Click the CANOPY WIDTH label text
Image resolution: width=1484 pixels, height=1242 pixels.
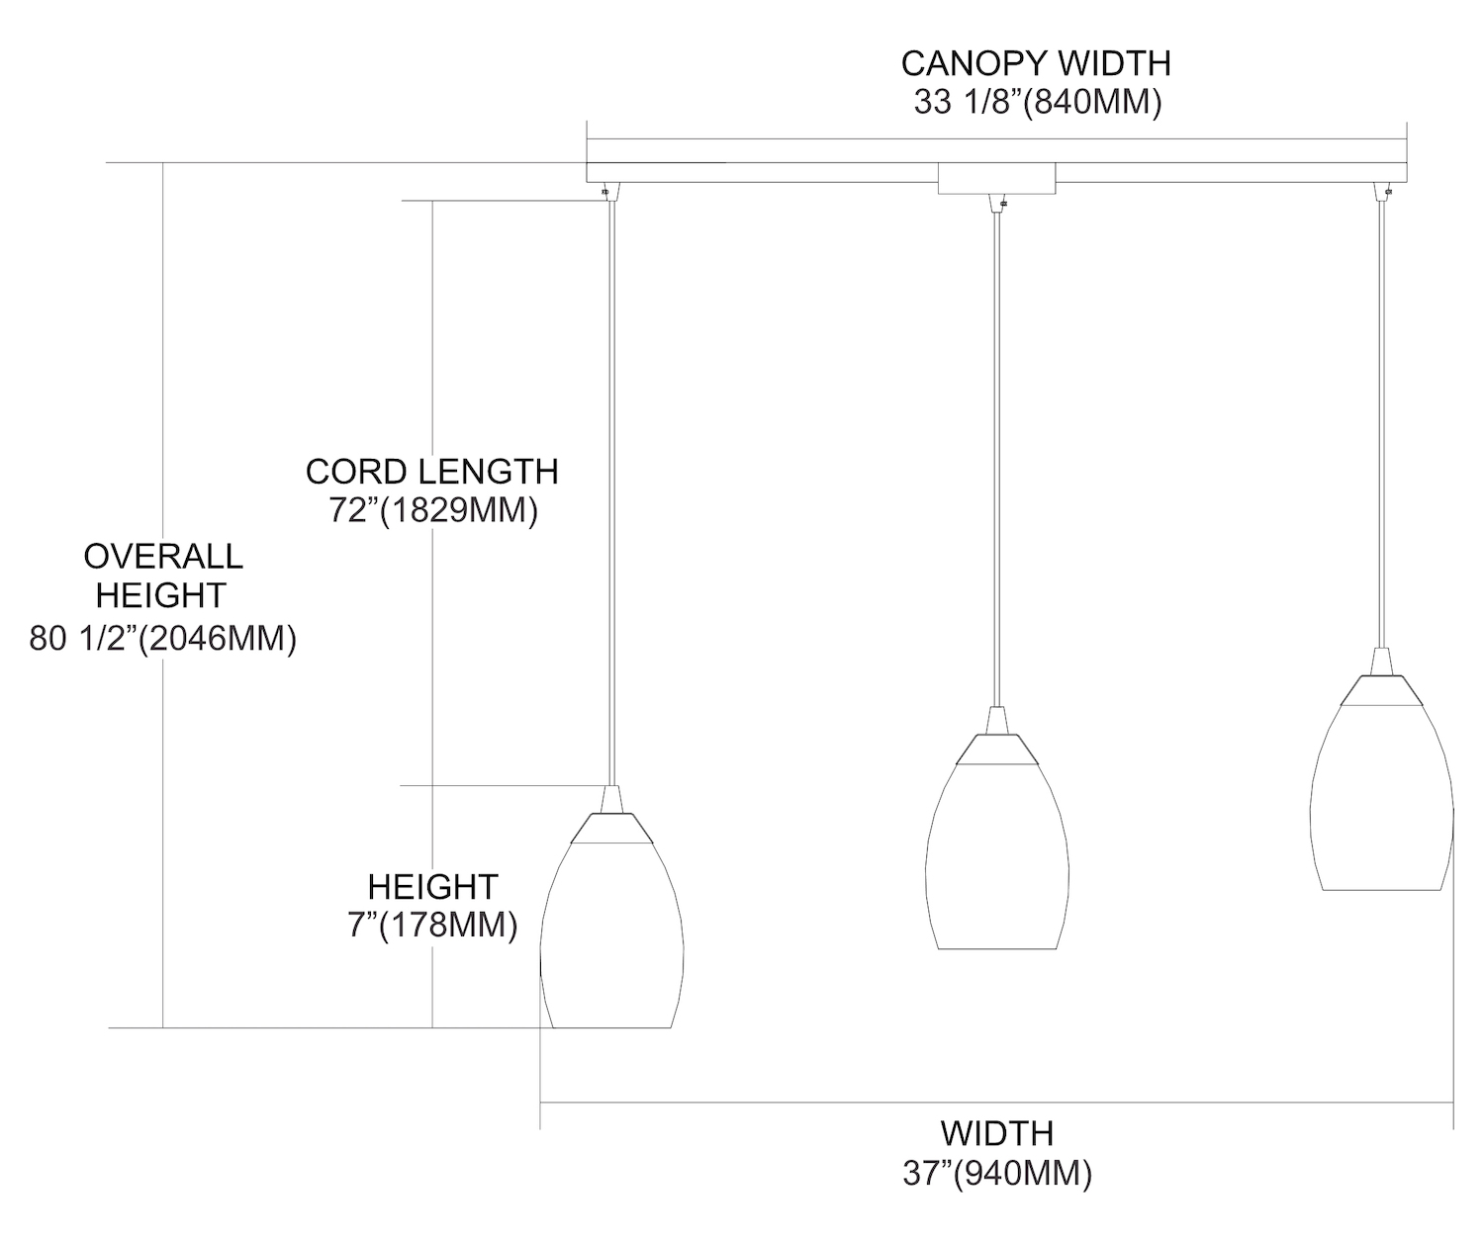click(1036, 63)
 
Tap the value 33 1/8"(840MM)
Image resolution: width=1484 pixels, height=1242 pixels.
click(1037, 102)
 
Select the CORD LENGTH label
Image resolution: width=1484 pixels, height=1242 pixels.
click(432, 472)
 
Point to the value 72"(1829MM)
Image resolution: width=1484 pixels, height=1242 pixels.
click(432, 511)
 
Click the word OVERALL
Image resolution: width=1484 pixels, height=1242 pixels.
click(163, 557)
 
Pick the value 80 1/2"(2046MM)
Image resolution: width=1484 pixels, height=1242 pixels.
click(163, 639)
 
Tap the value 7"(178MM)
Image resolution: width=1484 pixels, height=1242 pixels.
click(432, 926)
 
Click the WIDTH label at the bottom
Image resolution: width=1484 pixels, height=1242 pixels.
click(997, 1133)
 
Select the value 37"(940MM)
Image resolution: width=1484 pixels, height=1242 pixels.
click(997, 1174)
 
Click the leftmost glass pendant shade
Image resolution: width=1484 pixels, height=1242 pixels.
click(611, 934)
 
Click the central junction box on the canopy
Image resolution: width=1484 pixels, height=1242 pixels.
click(996, 178)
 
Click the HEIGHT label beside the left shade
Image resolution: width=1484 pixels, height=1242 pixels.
click(432, 886)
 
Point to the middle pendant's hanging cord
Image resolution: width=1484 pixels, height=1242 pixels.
click(996, 455)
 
